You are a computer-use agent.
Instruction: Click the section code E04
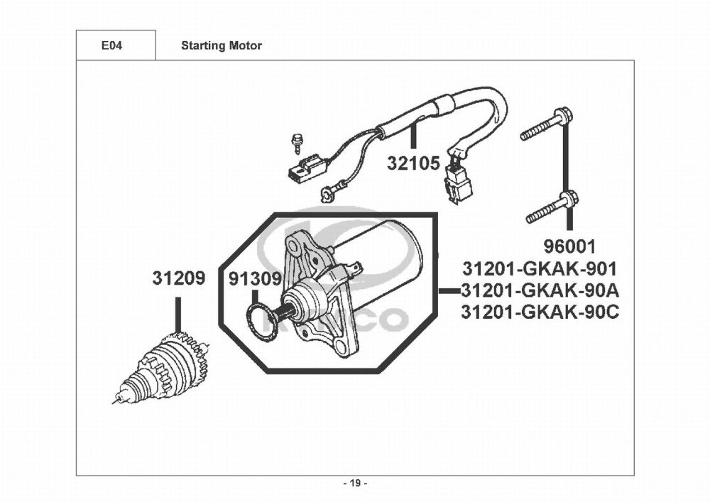tap(111, 46)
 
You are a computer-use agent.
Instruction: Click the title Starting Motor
tap(222, 46)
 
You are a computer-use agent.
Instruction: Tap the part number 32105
tap(414, 164)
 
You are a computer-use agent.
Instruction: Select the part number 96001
tap(569, 247)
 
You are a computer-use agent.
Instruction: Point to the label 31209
tap(178, 278)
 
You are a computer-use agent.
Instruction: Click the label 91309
tap(256, 279)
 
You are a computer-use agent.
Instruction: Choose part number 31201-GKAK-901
tap(540, 269)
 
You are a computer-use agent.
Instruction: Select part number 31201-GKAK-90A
tap(540, 290)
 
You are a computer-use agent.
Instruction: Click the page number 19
tap(355, 484)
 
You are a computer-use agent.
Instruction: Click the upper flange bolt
tap(546, 125)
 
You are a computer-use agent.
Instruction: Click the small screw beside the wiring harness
tap(297, 144)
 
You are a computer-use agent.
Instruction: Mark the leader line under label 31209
tap(178, 313)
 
